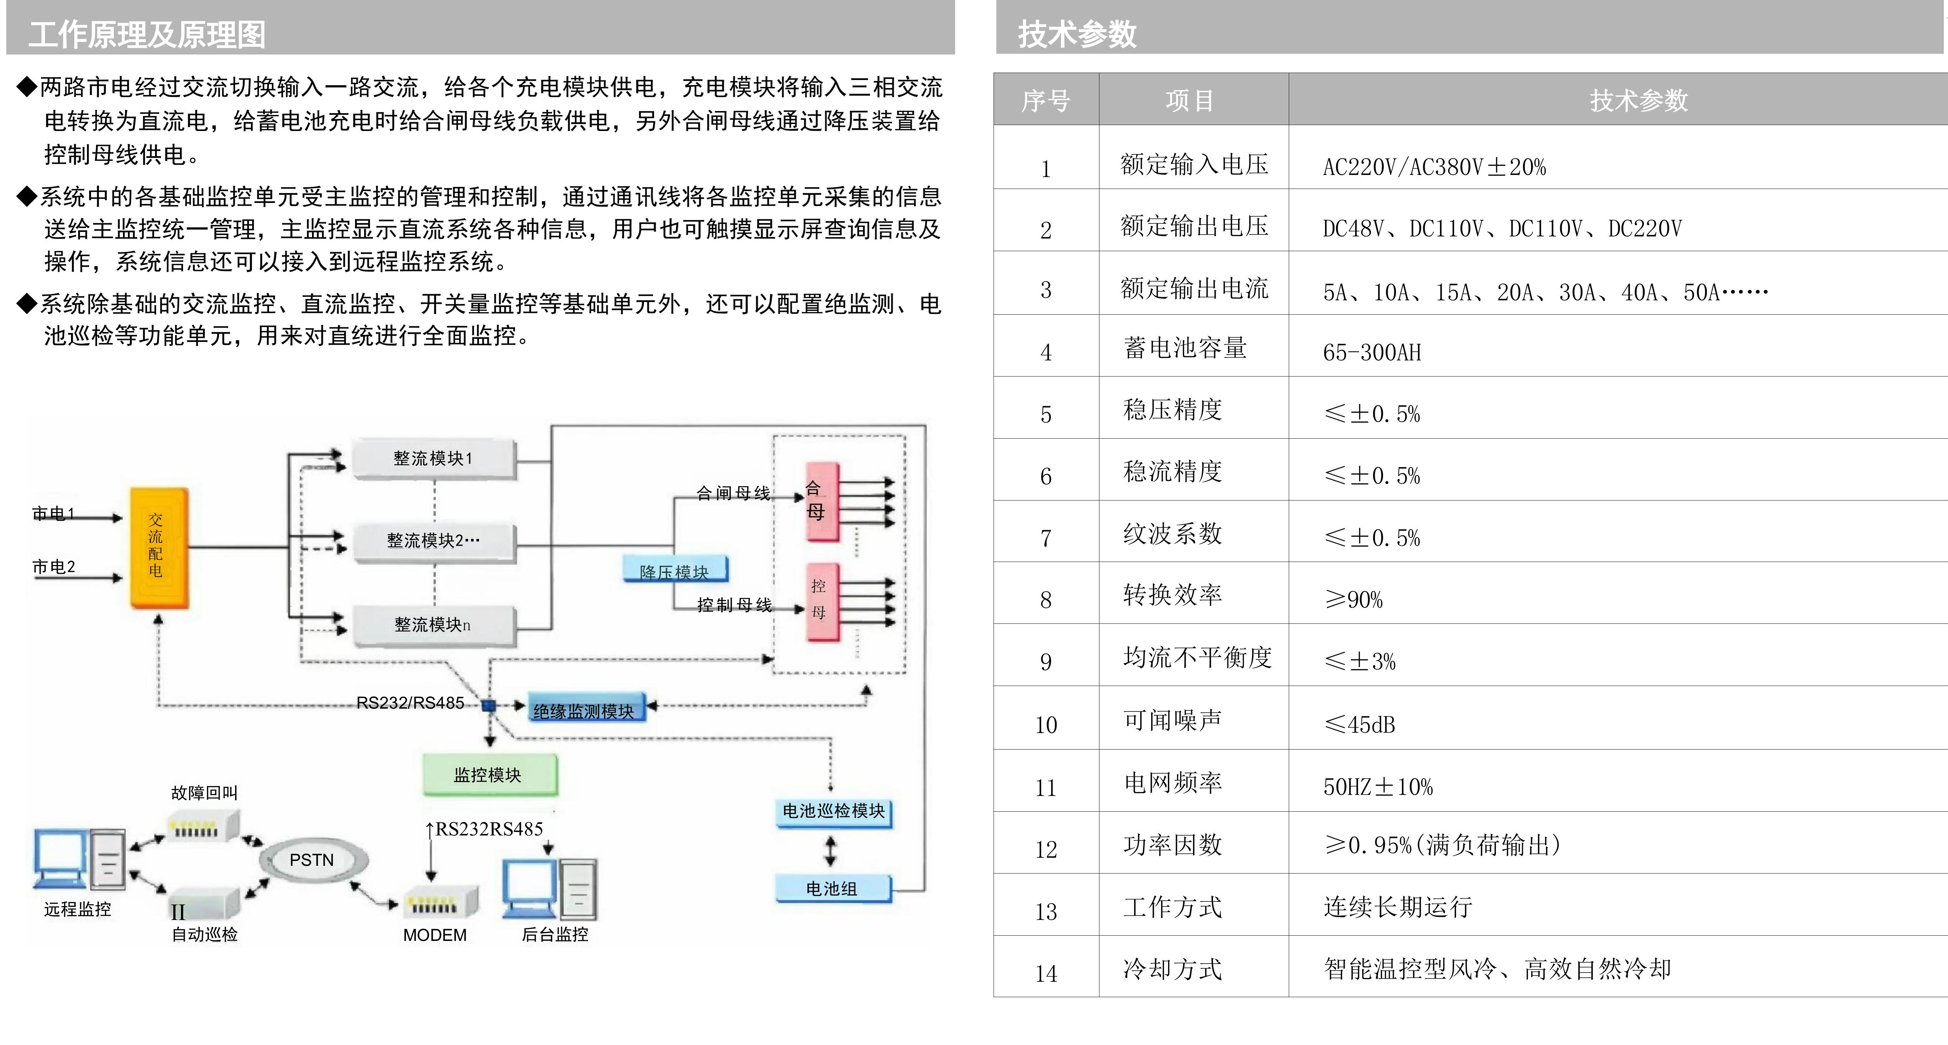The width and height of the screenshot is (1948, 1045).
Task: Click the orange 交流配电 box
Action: (x=159, y=547)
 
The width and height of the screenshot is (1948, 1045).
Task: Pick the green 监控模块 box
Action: (x=489, y=774)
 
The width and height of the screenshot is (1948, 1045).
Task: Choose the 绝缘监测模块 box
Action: (x=586, y=709)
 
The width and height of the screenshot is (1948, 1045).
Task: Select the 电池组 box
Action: (x=833, y=889)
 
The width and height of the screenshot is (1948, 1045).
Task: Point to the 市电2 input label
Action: (x=54, y=567)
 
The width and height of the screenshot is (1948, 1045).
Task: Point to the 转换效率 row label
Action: (x=1172, y=595)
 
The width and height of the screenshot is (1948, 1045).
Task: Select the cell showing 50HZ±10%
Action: (x=1378, y=787)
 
